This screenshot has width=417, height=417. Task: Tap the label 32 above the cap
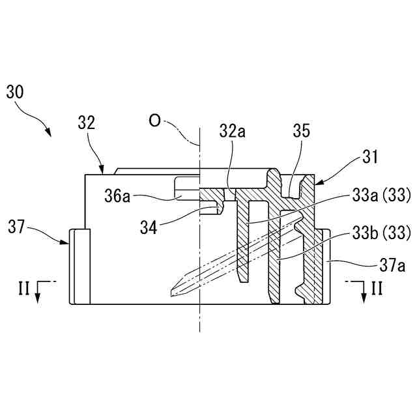pyautogui.click(x=87, y=122)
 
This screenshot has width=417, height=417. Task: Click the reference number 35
pyautogui.click(x=301, y=131)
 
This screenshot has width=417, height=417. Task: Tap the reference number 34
pyautogui.click(x=149, y=226)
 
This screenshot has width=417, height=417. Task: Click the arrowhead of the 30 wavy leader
pyautogui.click(x=50, y=134)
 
